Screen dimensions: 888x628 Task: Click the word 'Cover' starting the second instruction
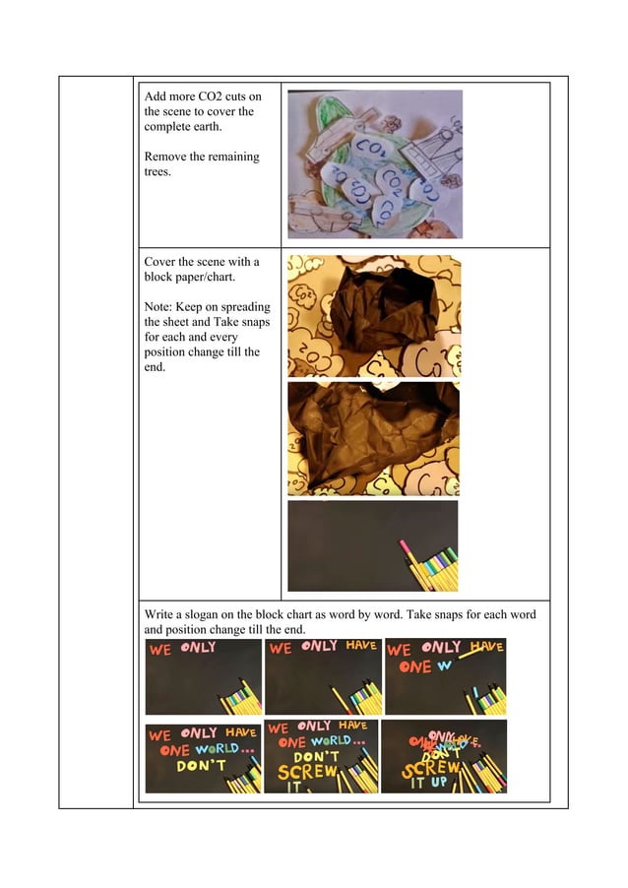(162, 261)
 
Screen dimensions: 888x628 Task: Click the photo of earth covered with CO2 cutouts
(374, 163)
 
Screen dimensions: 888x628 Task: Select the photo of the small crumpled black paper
(374, 315)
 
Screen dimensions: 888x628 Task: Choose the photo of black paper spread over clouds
(374, 438)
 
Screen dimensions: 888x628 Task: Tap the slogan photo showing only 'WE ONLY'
(203, 676)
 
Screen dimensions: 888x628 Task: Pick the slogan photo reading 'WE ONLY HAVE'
(322, 676)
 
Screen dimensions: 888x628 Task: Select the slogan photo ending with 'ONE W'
(445, 676)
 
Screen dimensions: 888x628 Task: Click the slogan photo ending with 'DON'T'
(203, 756)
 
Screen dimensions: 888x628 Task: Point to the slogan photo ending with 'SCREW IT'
(321, 756)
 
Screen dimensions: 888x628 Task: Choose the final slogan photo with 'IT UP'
(443, 756)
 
